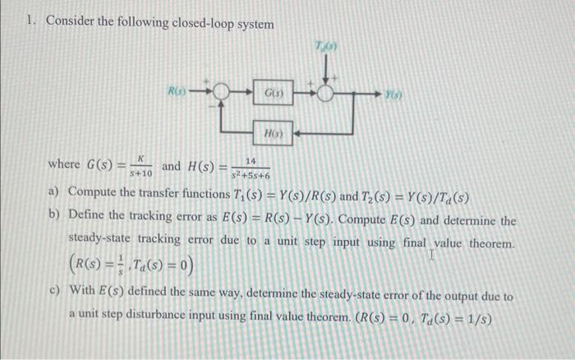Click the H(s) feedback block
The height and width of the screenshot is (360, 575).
click(x=271, y=132)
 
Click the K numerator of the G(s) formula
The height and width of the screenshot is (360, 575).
click(x=141, y=159)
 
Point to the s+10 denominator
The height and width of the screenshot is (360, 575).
click(x=141, y=173)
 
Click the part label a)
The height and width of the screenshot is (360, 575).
click(x=54, y=193)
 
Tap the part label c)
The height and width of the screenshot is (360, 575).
click(x=54, y=296)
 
